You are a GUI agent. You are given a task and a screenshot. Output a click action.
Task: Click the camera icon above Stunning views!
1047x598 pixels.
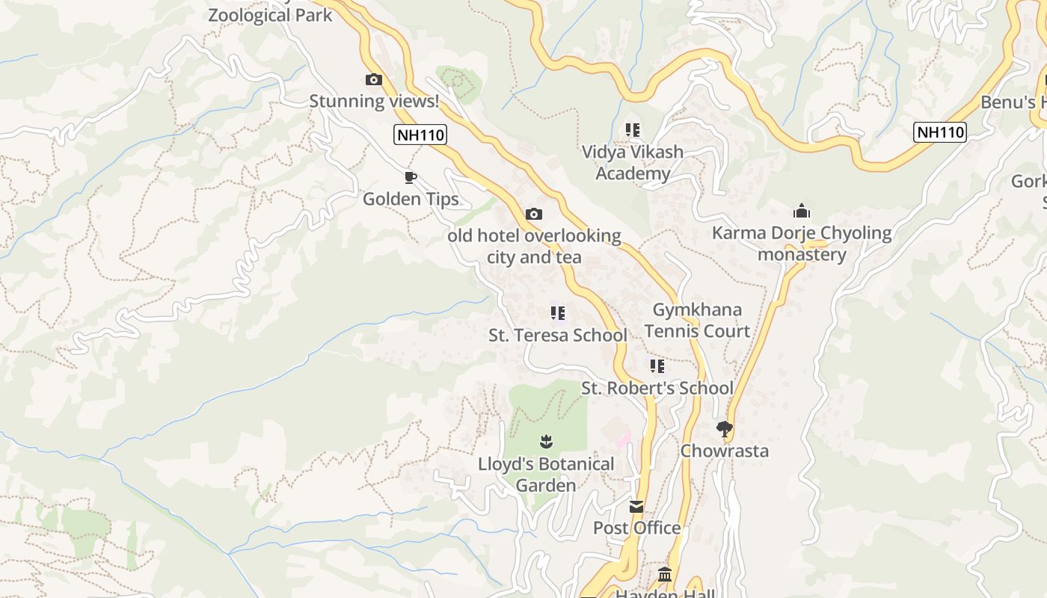373,79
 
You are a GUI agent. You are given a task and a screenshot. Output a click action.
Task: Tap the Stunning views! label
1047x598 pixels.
374,101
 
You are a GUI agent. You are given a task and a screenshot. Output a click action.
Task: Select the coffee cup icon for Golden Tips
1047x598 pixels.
410,177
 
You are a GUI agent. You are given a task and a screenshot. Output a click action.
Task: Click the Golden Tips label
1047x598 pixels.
411,199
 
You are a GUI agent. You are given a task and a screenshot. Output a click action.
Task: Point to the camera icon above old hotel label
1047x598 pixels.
534,214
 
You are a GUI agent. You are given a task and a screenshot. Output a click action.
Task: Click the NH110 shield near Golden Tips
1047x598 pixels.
420,135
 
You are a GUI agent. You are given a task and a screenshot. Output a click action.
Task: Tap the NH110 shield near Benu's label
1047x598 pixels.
940,132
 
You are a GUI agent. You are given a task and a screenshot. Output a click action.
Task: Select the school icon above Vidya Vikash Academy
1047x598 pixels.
633,130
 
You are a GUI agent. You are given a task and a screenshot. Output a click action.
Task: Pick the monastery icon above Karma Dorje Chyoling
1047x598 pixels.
802,211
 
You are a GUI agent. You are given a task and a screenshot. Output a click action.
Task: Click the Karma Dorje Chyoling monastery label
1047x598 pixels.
802,244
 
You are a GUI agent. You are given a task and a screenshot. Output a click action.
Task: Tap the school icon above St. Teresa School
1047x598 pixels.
558,313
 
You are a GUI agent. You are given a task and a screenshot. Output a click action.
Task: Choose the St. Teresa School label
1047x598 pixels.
558,336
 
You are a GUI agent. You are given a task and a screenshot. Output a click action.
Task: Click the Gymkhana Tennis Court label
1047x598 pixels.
697,320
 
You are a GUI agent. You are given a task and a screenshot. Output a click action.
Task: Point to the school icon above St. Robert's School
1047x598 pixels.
657,366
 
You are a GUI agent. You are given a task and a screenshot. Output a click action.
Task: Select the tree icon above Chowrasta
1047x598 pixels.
724,429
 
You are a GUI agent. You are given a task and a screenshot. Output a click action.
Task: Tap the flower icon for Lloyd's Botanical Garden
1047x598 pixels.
546,442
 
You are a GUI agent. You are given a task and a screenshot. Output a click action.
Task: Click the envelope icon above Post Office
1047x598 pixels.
636,507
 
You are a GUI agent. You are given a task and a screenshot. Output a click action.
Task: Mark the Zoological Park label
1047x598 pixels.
270,15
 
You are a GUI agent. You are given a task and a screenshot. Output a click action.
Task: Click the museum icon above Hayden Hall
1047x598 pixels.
665,575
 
